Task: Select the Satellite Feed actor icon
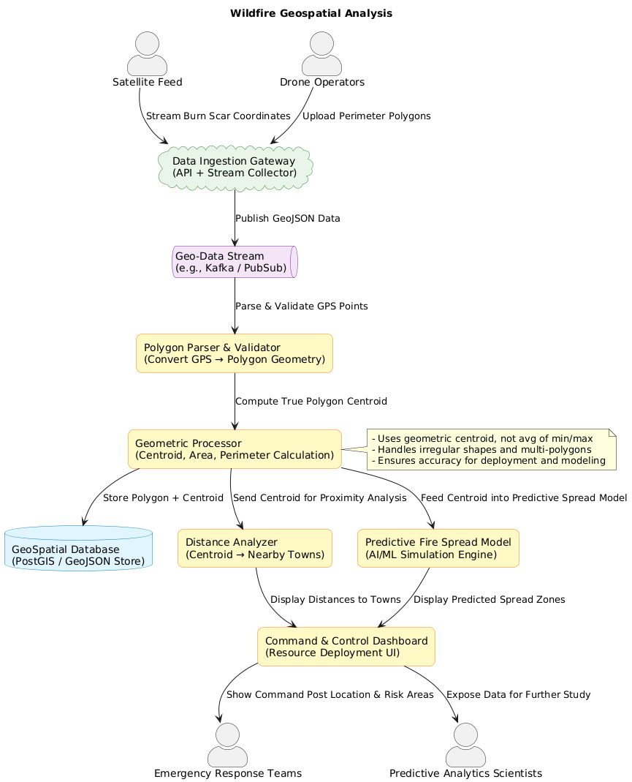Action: (147, 54)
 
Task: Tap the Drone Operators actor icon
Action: (322, 54)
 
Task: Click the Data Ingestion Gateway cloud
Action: (235, 167)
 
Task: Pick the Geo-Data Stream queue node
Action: (235, 262)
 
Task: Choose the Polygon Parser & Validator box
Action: (235, 353)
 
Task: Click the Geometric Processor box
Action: (235, 449)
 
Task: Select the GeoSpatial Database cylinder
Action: (78, 548)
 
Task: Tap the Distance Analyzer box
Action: (255, 548)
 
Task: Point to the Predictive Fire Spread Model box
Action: (438, 548)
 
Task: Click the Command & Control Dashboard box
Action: (346, 646)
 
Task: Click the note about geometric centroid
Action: (490, 450)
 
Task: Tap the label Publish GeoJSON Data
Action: (288, 219)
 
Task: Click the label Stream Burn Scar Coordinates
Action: (218, 116)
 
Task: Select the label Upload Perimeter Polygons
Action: (367, 116)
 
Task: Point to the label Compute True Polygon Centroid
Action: (311, 402)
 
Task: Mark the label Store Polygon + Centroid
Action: (164, 498)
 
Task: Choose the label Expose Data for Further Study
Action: (518, 694)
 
